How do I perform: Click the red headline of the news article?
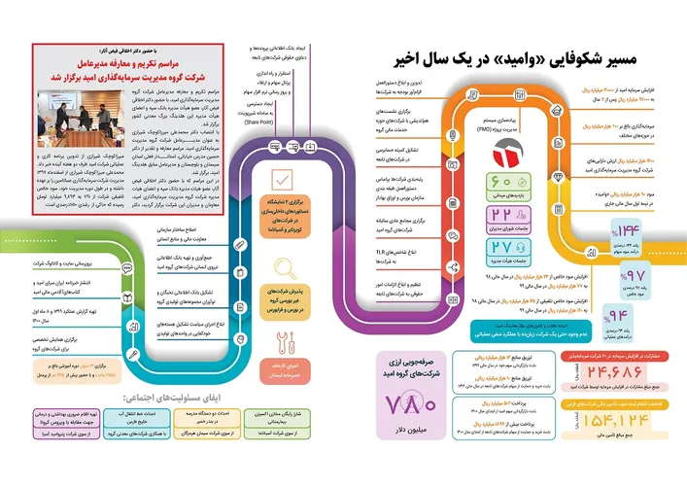114,63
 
